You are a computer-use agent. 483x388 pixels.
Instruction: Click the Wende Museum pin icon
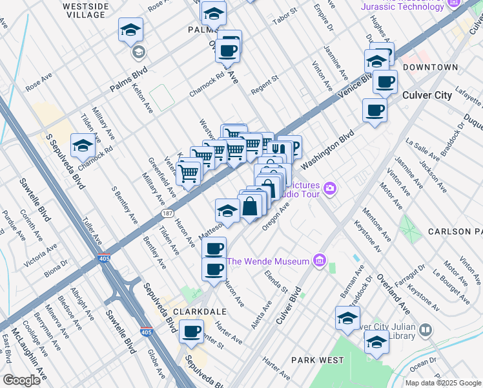pos(318,261)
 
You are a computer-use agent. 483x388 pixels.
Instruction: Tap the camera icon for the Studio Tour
pos(331,188)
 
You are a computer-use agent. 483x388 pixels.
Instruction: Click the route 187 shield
pos(165,213)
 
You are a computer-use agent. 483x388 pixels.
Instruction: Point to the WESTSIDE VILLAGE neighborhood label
pos(85,10)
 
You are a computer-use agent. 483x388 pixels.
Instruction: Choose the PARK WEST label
pos(314,360)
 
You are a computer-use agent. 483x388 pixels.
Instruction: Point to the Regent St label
pos(264,85)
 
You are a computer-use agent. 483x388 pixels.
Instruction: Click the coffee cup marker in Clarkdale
pos(191,332)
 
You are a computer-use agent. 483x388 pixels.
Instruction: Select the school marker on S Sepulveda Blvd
pos(83,147)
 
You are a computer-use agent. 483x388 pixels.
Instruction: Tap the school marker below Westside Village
pos(130,30)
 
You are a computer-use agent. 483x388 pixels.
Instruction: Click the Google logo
pos(21,380)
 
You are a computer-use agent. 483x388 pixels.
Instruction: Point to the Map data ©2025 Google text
pos(442,383)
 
